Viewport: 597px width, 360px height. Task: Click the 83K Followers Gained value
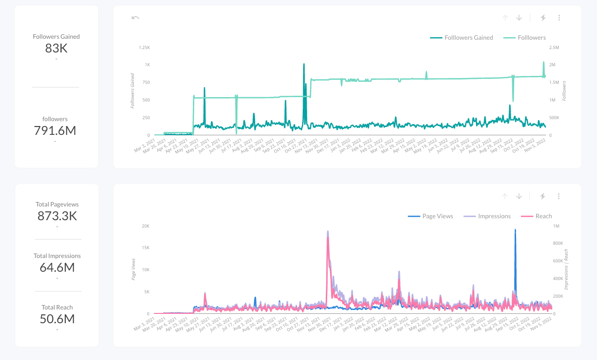(x=56, y=49)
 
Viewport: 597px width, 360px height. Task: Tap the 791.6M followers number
(x=55, y=131)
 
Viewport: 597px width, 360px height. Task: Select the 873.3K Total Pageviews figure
(x=57, y=216)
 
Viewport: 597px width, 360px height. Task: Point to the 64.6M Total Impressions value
(x=57, y=268)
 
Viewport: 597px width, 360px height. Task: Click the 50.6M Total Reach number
(x=57, y=319)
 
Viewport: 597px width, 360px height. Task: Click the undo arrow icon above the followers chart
(x=135, y=18)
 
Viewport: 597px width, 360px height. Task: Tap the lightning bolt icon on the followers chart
(x=543, y=18)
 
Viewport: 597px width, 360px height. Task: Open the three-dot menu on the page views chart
(x=559, y=196)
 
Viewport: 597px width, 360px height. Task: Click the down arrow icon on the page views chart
(x=519, y=196)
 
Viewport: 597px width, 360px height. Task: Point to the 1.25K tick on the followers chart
(x=144, y=48)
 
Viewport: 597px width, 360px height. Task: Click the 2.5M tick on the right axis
(x=554, y=48)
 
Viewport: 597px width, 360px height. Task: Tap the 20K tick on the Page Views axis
(x=146, y=226)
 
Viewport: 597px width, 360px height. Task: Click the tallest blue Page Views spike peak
(x=515, y=230)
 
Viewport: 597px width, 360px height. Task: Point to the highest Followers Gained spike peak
(x=304, y=64)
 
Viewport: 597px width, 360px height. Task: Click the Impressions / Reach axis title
(x=566, y=269)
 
